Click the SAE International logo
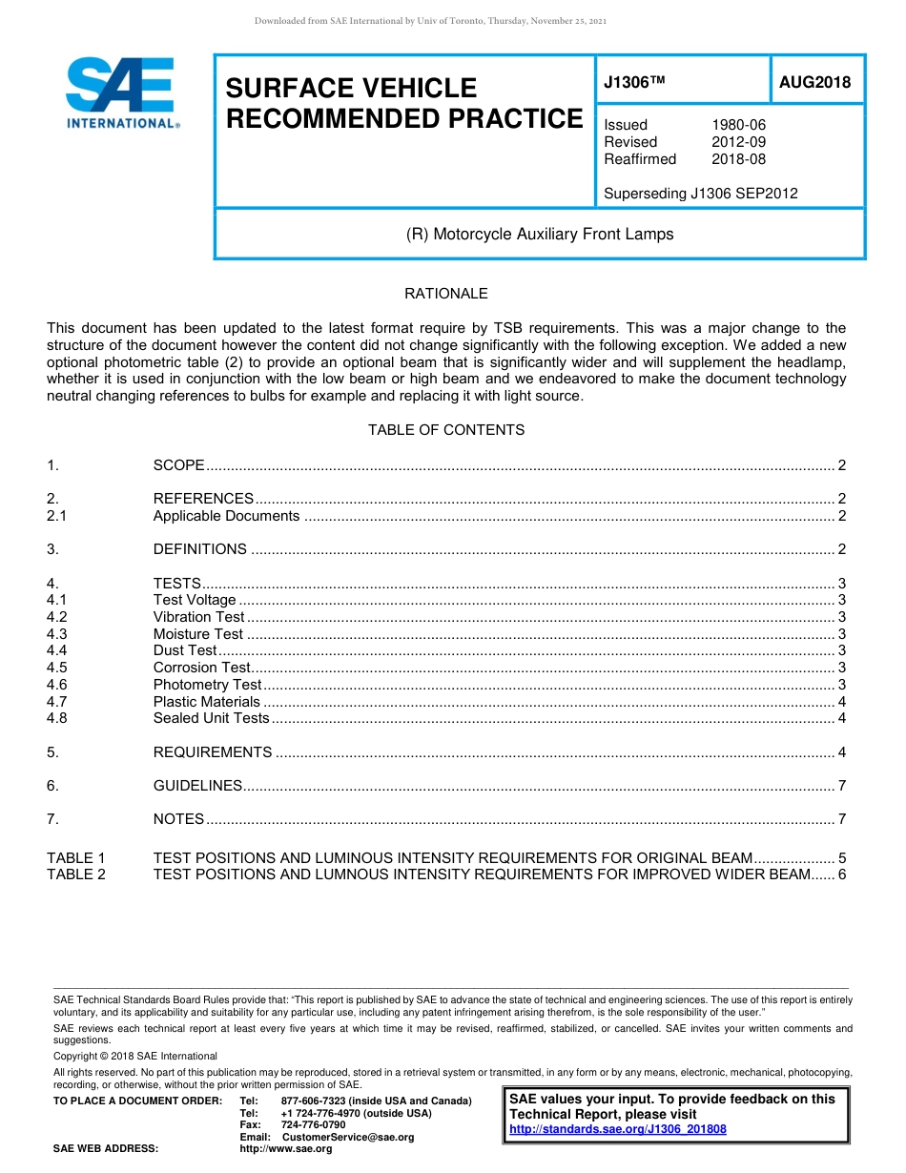[x=121, y=93]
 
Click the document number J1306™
[x=634, y=83]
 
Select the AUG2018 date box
[x=814, y=83]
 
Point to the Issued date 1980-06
[x=738, y=125]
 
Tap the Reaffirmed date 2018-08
[x=738, y=159]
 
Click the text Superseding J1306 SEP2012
[x=700, y=194]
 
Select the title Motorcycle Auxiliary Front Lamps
[x=540, y=234]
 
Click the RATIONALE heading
[x=445, y=294]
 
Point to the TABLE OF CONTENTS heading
[x=445, y=430]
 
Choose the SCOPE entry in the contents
[x=179, y=465]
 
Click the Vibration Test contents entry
[x=198, y=617]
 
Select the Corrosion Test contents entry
[x=201, y=668]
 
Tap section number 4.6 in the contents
[x=57, y=685]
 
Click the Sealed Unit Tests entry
[x=211, y=718]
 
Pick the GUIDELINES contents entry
[x=197, y=786]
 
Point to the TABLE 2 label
[x=76, y=875]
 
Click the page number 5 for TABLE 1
[x=841, y=858]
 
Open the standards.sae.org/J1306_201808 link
[x=618, y=1129]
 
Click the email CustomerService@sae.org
[x=348, y=1137]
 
